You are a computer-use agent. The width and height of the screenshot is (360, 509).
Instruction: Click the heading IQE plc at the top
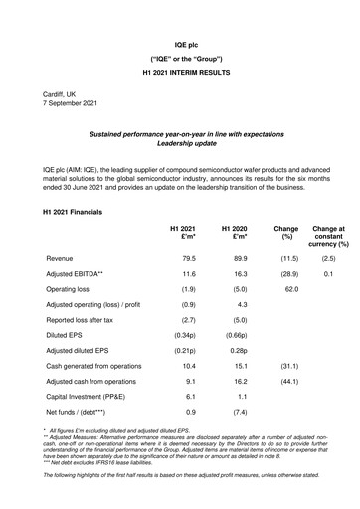pos(180,45)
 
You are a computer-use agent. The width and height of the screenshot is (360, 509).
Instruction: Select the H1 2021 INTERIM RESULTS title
pos(180,73)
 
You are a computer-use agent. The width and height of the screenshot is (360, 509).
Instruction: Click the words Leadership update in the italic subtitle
pos(180,142)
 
